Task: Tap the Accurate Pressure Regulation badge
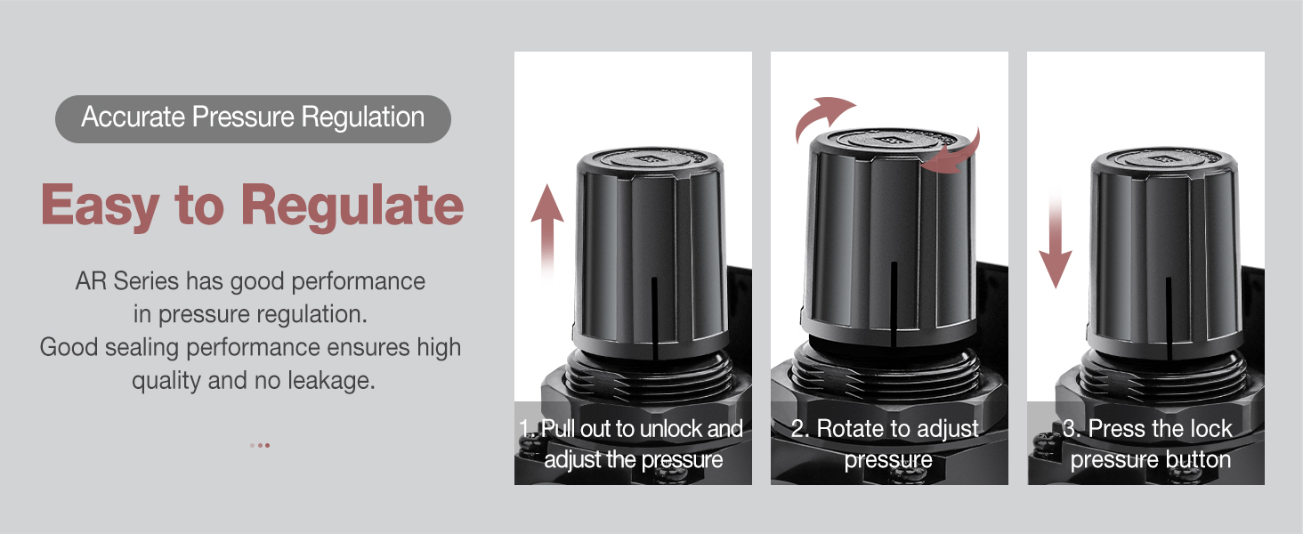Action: coord(253,118)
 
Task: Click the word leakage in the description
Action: coord(331,381)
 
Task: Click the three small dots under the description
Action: coord(260,445)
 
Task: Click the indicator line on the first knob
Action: coord(654,316)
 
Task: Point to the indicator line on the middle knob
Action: coord(892,303)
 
